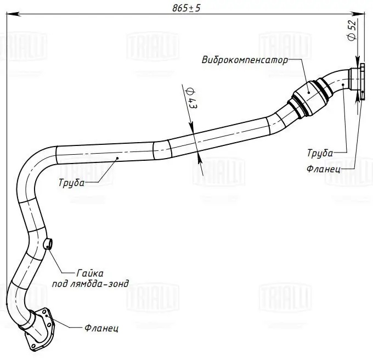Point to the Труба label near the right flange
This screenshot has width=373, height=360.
320,152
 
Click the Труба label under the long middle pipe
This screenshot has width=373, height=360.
71,183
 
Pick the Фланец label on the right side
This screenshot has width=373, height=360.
324,169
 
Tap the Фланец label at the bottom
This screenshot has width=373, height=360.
102,328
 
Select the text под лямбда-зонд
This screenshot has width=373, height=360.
90,284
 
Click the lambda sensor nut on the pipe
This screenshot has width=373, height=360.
48,243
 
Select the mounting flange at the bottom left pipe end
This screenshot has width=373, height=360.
39,328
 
